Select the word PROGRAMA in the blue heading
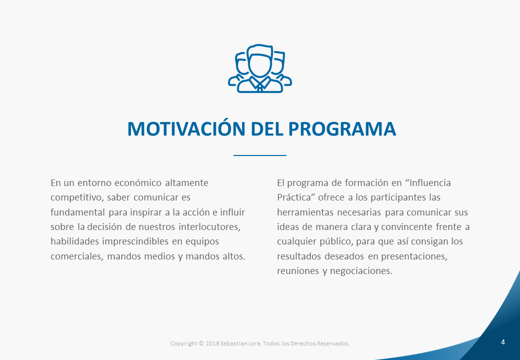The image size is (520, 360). [342, 128]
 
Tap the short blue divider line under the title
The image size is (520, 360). [259, 155]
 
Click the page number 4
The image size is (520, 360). [503, 342]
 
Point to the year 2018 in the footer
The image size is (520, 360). [212, 343]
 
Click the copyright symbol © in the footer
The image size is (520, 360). [201, 343]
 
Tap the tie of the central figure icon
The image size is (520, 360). [260, 88]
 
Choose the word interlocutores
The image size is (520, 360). [209, 227]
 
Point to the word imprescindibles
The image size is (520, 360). [135, 241]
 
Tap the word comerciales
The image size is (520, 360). [77, 256]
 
